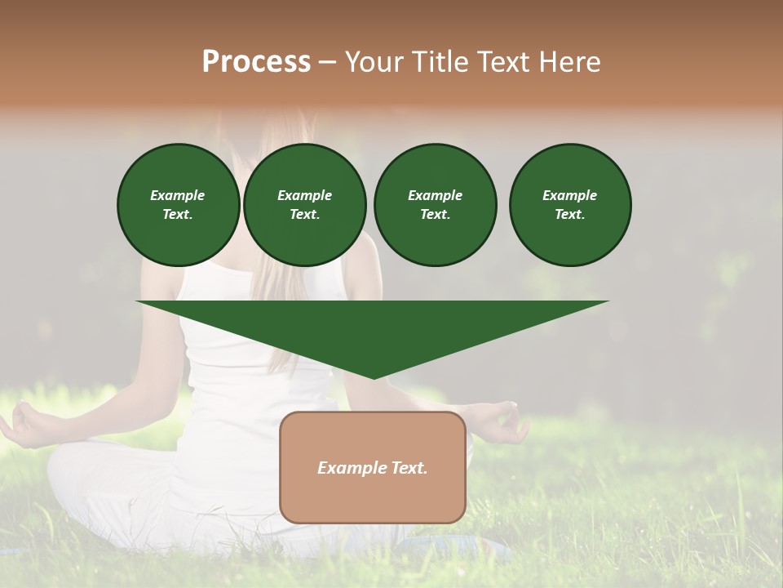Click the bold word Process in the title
tap(256, 62)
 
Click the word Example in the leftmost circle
tap(178, 195)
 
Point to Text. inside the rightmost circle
tap(570, 214)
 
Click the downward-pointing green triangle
tap(373, 327)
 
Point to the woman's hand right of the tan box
tap(502, 421)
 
